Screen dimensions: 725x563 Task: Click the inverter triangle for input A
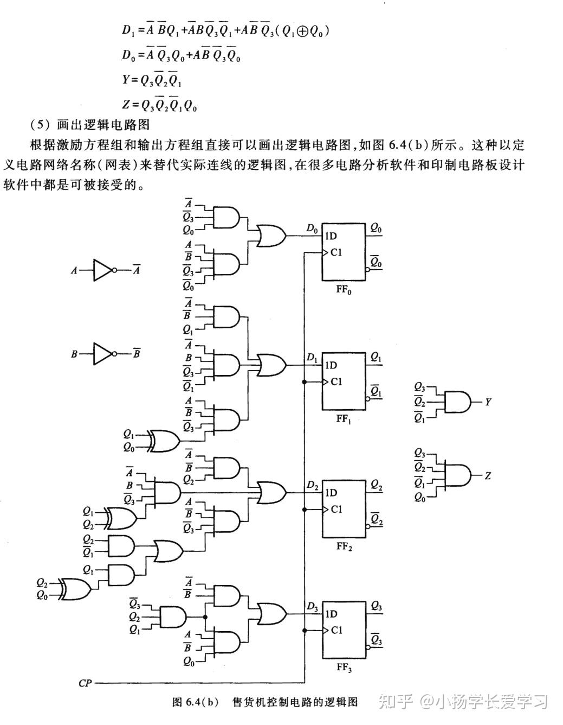tap(102, 270)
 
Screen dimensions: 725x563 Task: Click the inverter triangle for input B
tap(102, 354)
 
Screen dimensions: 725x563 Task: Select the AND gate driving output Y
tap(456, 402)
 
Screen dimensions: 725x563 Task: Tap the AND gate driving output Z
tap(456, 476)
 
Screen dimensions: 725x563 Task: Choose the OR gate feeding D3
tap(271, 614)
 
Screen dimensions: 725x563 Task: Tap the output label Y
tap(488, 402)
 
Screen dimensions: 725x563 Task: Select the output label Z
tap(488, 476)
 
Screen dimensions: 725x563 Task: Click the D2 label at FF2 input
tap(312, 486)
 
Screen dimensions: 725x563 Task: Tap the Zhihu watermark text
tap(463, 702)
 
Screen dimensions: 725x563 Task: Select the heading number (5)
tap(41, 125)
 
